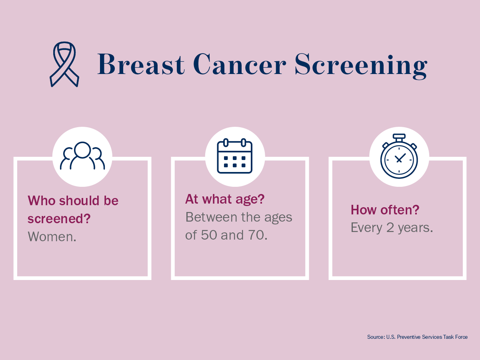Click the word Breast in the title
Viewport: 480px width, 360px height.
141,64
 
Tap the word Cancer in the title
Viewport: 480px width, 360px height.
240,64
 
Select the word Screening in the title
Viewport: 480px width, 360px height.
361,66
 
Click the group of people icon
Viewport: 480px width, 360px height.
82,156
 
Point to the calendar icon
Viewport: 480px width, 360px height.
235,156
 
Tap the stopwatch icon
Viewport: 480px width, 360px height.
399,156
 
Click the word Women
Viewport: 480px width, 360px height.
52,236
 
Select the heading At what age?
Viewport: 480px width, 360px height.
225,199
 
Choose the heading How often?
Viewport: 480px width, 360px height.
385,210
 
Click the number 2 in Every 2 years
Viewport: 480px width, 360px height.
390,228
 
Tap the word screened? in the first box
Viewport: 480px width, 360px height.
59,218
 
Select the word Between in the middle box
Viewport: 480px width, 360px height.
212,217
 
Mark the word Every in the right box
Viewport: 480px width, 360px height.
366,228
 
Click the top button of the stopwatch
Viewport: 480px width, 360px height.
399,136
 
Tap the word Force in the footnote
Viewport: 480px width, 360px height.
461,337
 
